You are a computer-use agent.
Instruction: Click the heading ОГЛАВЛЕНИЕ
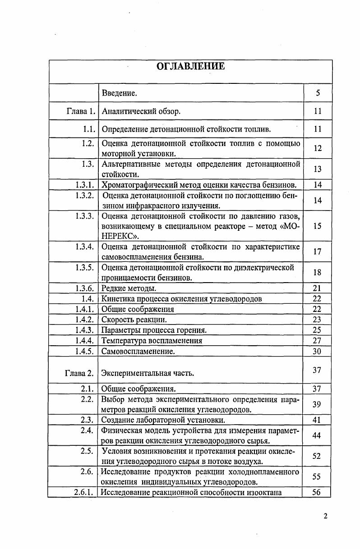(190, 67)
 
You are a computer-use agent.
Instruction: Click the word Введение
(120, 93)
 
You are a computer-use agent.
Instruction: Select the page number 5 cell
(318, 93)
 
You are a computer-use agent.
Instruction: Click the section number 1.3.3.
(85, 216)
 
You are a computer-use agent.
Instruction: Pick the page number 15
(317, 226)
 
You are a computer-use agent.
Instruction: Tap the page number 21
(317, 288)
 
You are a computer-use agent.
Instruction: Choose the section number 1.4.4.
(85, 341)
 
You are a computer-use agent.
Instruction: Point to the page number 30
(317, 351)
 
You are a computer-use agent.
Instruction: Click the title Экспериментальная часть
(148, 373)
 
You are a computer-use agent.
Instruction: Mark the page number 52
(317, 456)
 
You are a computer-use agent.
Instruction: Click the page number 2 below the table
(325, 517)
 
